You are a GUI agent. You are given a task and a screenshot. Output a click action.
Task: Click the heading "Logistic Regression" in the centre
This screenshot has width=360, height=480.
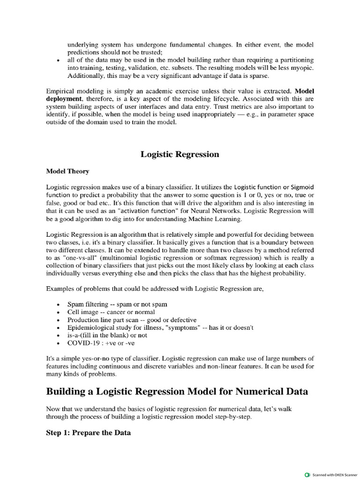180,154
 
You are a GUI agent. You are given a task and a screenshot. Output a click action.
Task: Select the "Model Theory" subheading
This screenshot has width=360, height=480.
67,172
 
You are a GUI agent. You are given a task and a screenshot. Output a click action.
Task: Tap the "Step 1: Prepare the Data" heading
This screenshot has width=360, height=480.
88,433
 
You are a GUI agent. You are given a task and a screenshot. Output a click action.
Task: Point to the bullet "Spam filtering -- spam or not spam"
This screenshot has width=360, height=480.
117,304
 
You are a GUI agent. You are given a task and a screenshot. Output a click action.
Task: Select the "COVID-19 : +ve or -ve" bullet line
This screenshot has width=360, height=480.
100,343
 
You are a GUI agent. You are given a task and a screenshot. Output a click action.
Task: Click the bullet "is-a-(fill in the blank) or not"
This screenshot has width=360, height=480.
107,335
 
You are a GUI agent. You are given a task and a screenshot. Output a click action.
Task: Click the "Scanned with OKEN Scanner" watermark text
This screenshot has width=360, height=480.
337,474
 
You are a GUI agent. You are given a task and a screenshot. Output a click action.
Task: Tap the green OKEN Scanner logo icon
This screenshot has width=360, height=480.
307,474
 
